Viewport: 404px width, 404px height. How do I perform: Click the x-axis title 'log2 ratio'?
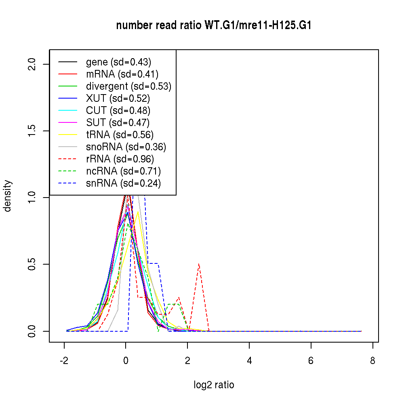(x=214, y=385)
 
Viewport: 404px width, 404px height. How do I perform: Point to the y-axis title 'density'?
(x=8, y=196)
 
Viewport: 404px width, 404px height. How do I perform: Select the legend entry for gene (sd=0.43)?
(x=118, y=62)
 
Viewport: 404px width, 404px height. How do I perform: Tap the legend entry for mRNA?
(x=122, y=74)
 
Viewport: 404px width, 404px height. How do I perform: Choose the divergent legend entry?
(x=128, y=86)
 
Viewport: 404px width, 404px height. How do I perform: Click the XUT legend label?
(x=118, y=99)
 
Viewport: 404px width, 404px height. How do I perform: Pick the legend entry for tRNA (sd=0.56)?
(x=120, y=135)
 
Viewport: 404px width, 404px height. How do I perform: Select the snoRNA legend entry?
(x=126, y=147)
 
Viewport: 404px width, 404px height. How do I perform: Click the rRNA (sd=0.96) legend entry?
(x=120, y=159)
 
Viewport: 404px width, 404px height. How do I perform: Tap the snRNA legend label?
(x=123, y=183)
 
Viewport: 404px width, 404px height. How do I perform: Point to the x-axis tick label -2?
(x=64, y=361)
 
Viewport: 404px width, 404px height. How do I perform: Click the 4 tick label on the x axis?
(x=249, y=361)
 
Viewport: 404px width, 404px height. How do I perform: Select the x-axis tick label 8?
(x=372, y=361)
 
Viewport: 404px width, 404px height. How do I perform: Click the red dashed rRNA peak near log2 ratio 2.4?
(x=199, y=264)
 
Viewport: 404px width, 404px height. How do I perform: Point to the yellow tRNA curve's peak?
(x=138, y=212)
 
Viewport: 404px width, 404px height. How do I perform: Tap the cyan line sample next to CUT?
(x=67, y=111)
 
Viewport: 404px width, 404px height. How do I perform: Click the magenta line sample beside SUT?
(x=67, y=123)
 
